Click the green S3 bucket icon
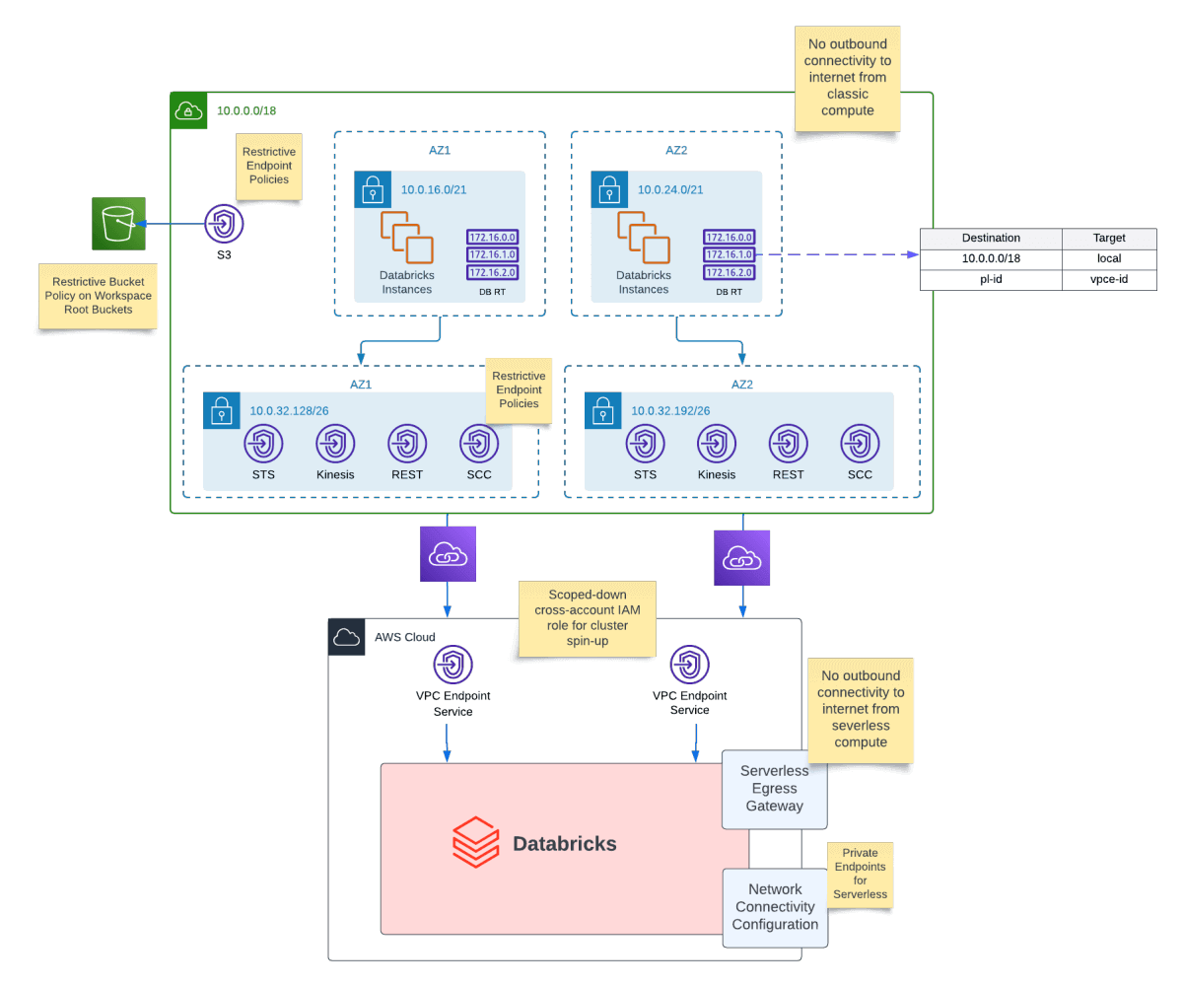tap(118, 223)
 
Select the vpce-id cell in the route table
tap(1109, 280)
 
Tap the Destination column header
tap(991, 238)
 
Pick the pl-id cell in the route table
tap(991, 280)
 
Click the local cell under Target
tap(1109, 258)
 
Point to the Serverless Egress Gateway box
tap(774, 789)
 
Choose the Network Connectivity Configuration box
tap(775, 907)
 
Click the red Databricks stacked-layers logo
tap(476, 843)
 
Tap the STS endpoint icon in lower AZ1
tap(263, 444)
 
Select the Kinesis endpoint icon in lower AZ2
tap(717, 444)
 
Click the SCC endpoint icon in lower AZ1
tap(479, 444)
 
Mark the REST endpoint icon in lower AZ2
tap(788, 444)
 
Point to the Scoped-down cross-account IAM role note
tap(588, 619)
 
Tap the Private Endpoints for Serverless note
tap(861, 873)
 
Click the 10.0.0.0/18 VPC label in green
tap(246, 110)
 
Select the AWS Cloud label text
tap(404, 637)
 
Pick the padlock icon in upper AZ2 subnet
tap(609, 188)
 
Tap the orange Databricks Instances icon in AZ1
tap(406, 238)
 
